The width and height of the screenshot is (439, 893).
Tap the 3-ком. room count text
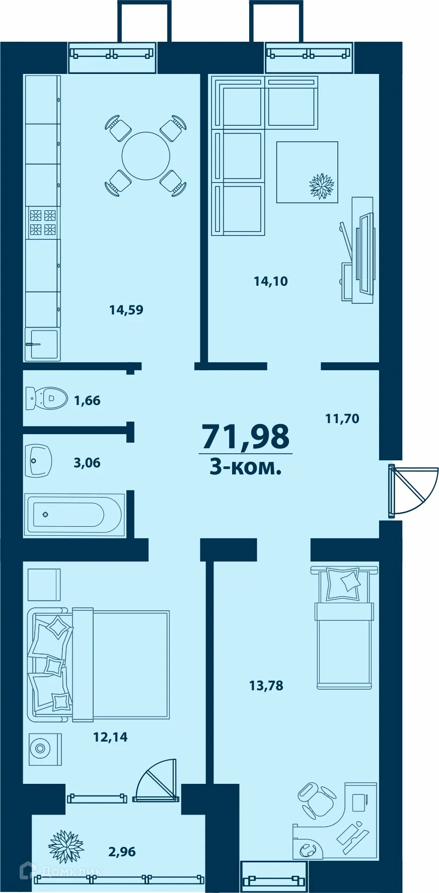(245, 468)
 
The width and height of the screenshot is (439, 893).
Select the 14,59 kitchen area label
(126, 310)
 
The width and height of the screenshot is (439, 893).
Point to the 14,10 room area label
(271, 281)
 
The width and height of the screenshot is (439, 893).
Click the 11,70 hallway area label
(342, 418)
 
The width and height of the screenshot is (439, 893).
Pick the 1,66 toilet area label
(87, 401)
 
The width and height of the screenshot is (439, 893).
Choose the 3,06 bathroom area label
(87, 463)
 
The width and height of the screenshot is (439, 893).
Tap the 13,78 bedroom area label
(266, 685)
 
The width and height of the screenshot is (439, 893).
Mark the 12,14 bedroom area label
(110, 738)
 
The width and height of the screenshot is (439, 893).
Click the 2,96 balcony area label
(122, 852)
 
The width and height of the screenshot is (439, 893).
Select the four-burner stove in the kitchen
(42, 222)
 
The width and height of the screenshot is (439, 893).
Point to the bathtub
(75, 514)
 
